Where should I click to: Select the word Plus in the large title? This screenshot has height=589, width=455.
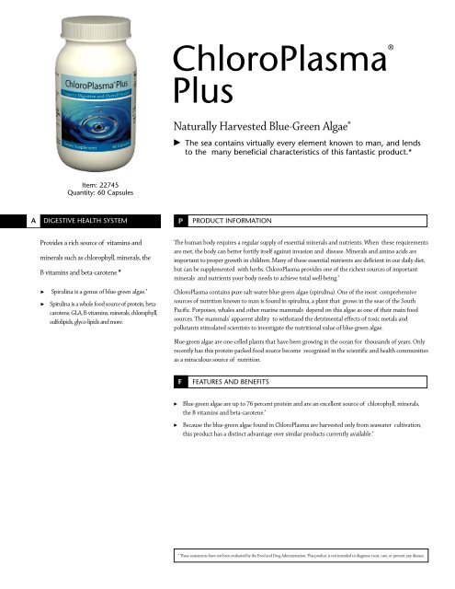(x=197, y=92)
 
